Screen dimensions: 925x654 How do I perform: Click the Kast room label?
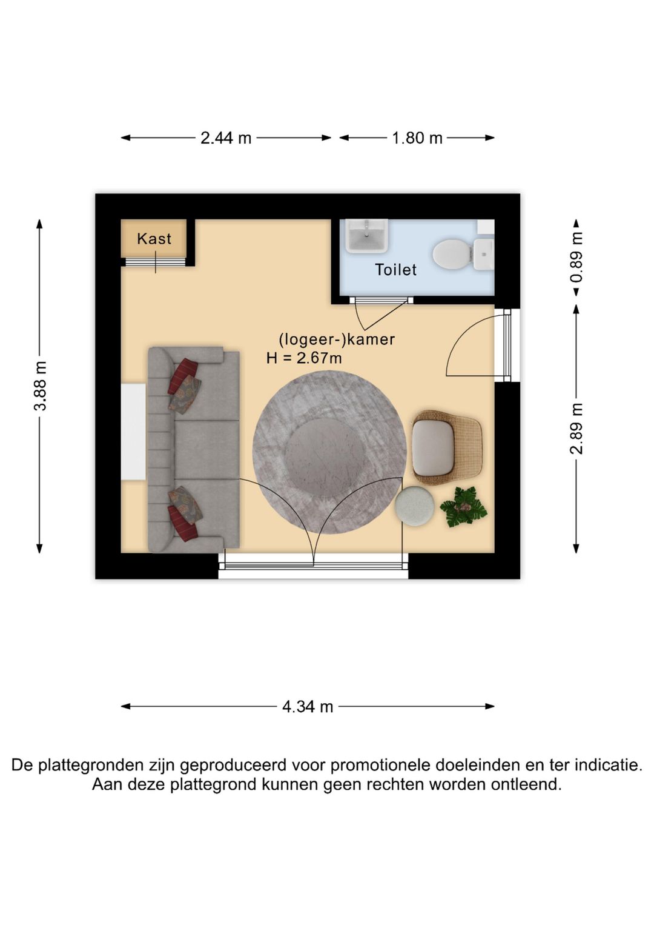coord(154,239)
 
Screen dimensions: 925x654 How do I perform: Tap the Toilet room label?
coord(395,270)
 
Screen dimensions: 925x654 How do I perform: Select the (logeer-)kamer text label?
coord(337,339)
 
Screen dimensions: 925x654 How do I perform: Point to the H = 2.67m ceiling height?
coord(304,358)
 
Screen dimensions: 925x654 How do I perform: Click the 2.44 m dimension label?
coord(226,138)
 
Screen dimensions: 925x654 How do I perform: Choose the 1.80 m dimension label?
coord(417,138)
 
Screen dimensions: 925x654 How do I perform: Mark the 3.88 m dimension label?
coord(40,386)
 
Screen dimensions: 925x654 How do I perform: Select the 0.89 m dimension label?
coord(576,257)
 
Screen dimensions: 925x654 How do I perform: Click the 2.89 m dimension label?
coord(576,429)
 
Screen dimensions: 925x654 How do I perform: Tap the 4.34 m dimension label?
coord(308,707)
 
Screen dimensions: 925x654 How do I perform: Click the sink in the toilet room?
coord(366,236)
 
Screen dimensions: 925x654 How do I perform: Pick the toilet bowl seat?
coord(452,253)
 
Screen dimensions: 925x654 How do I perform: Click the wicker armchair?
coord(446,448)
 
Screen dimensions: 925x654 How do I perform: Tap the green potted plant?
coord(463,507)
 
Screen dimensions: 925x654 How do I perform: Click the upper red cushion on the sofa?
coord(183,375)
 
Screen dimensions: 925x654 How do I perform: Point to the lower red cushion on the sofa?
coord(182,522)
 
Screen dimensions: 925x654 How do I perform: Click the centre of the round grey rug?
coord(329,453)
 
